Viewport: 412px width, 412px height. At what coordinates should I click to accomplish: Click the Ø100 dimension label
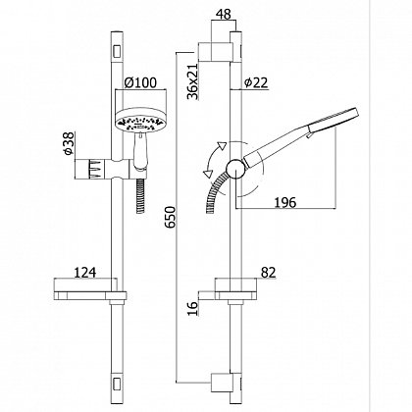(140, 82)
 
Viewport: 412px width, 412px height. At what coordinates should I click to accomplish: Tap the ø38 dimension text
(70, 144)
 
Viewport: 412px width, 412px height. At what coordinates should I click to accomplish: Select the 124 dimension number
(85, 273)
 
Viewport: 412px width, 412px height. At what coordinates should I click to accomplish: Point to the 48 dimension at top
(224, 14)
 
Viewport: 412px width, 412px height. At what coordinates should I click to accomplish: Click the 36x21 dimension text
(193, 81)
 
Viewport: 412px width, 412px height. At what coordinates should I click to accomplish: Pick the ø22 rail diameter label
(256, 82)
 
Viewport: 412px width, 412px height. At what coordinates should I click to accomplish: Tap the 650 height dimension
(170, 217)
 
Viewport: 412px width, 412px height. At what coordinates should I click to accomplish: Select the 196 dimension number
(284, 203)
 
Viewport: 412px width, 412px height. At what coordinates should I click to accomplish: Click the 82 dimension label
(268, 273)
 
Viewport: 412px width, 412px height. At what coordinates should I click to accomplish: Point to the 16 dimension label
(193, 308)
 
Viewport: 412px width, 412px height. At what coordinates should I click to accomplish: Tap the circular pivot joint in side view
(234, 170)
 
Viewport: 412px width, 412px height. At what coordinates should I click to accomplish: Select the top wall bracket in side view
(216, 52)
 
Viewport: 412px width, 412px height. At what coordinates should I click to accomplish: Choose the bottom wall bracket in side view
(222, 383)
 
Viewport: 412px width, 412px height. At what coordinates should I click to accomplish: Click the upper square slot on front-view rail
(117, 52)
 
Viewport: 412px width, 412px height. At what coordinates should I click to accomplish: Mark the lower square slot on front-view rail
(117, 385)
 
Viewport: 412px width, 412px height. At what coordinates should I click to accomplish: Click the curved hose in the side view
(215, 192)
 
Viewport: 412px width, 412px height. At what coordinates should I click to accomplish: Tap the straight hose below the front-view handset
(140, 195)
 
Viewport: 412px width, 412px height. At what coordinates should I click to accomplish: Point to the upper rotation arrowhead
(222, 146)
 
